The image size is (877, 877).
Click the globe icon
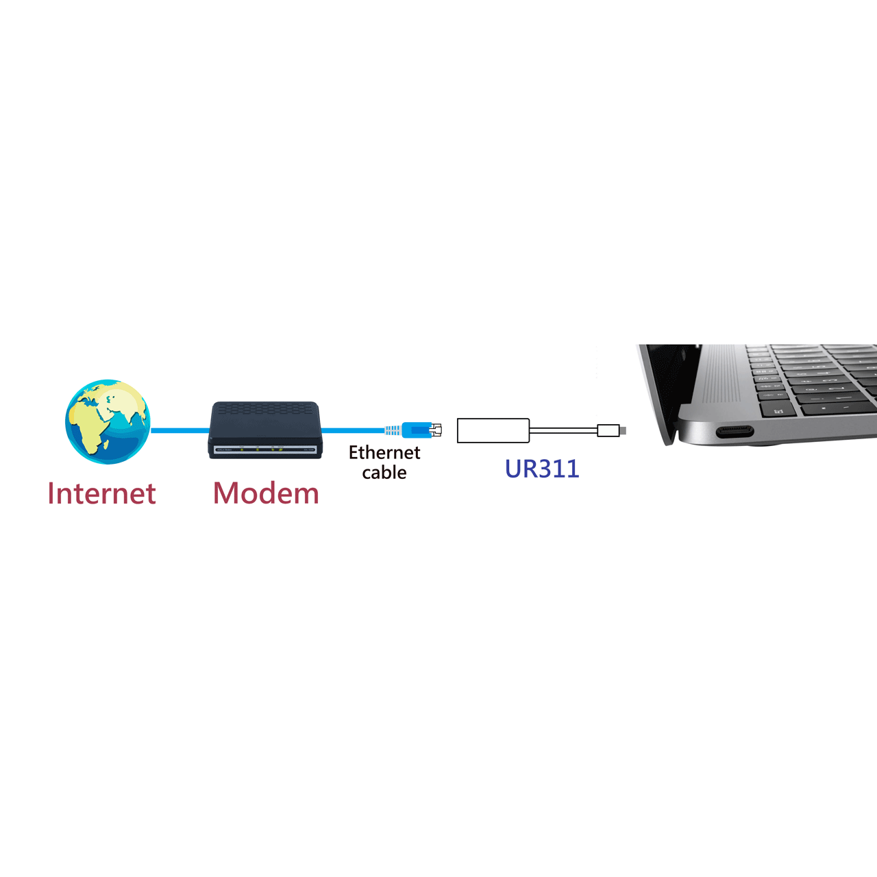pos(108,421)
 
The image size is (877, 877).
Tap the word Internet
pos(102,493)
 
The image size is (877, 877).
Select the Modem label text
pos(266,493)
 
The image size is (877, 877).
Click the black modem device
pos(265,430)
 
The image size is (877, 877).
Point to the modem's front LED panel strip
pos(265,449)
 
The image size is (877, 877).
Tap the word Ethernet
pos(384,452)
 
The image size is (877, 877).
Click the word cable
pos(384,472)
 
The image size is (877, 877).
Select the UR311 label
pos(542,469)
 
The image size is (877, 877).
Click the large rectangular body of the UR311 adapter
pos(493,430)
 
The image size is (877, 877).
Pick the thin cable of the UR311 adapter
pos(564,430)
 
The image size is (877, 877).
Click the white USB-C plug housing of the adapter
pos(608,430)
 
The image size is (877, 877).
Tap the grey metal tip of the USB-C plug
pos(623,430)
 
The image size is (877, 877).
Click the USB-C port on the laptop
pos(734,431)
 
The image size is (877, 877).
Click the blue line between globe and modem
pos(180,430)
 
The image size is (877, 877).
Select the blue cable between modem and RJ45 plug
pos(354,430)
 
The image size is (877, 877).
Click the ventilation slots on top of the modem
pos(265,410)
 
